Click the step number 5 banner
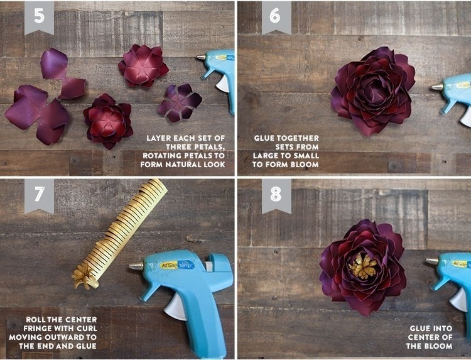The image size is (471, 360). click(x=40, y=16)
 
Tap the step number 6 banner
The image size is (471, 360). click(x=276, y=16)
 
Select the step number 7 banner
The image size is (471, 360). click(x=40, y=195)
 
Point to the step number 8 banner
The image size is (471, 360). click(x=276, y=195)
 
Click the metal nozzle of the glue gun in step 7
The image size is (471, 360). click(x=136, y=266)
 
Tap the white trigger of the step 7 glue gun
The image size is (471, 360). click(x=175, y=307)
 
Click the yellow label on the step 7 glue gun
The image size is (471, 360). click(x=168, y=265)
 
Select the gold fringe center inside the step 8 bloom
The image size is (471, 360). click(x=363, y=266)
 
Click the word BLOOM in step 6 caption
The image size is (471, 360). click(x=305, y=165)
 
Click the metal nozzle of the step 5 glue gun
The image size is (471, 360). click(x=201, y=57)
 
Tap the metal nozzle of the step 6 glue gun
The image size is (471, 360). click(x=437, y=87)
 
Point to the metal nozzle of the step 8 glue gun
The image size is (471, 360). click(x=432, y=261)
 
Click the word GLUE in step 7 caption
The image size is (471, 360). click(x=86, y=346)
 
